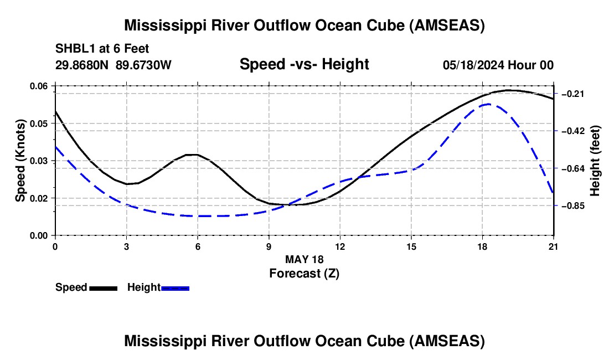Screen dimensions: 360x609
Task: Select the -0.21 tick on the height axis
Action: tap(572, 94)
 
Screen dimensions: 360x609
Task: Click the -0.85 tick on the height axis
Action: tap(572, 205)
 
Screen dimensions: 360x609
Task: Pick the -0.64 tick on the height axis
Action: tap(572, 168)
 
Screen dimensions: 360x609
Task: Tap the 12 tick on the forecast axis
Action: tap(340, 246)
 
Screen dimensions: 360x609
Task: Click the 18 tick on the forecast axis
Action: tap(482, 246)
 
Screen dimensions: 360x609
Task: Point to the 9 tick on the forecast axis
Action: tap(269, 246)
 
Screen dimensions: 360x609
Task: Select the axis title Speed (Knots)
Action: tap(20, 161)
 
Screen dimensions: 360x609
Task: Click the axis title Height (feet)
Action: tap(595, 161)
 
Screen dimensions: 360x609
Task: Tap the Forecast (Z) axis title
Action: tap(304, 273)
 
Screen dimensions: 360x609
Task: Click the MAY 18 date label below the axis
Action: tap(304, 259)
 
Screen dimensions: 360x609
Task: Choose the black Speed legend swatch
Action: tap(103, 287)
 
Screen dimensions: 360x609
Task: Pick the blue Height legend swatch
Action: tap(175, 287)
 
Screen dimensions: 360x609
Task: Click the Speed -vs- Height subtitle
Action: tap(304, 64)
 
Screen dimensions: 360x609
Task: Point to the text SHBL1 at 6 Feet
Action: tap(102, 49)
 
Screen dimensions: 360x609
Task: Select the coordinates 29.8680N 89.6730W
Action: tap(113, 65)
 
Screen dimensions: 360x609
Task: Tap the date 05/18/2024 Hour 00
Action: tap(498, 65)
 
